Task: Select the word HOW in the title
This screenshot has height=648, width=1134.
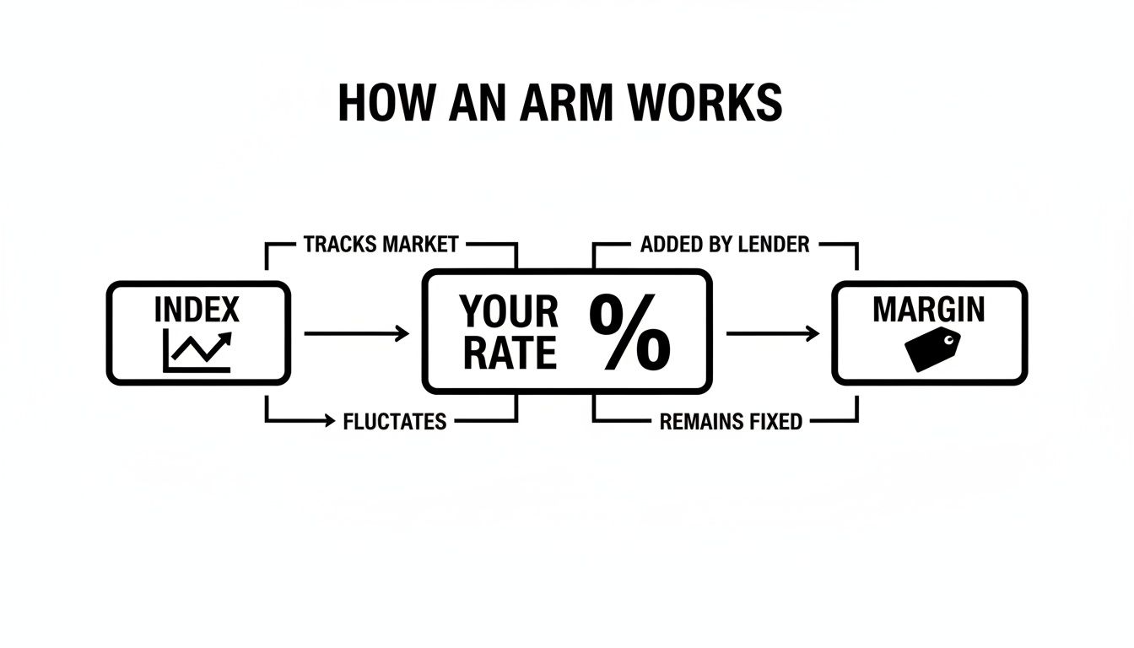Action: (378, 103)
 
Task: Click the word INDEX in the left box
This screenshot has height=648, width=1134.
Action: (197, 310)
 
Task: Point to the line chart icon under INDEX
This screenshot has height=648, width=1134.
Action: (197, 351)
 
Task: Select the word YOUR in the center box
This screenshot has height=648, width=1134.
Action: (509, 313)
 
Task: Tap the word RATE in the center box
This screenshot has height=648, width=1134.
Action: (509, 354)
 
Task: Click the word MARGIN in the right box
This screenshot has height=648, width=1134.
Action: (928, 310)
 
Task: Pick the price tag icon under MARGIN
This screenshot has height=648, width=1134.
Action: (932, 349)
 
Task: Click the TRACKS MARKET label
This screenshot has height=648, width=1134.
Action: (381, 245)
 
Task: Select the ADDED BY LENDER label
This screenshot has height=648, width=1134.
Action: (725, 245)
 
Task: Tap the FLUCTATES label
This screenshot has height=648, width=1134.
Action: (395, 421)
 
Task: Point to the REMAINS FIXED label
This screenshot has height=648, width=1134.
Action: (731, 421)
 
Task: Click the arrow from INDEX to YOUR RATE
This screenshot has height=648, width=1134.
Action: (356, 334)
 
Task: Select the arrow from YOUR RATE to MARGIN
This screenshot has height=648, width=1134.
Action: (773, 334)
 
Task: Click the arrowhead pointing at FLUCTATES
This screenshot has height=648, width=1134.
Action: (329, 420)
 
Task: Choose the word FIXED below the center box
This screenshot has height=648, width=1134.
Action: (771, 421)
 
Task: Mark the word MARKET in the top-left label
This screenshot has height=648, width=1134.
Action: (420, 245)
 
